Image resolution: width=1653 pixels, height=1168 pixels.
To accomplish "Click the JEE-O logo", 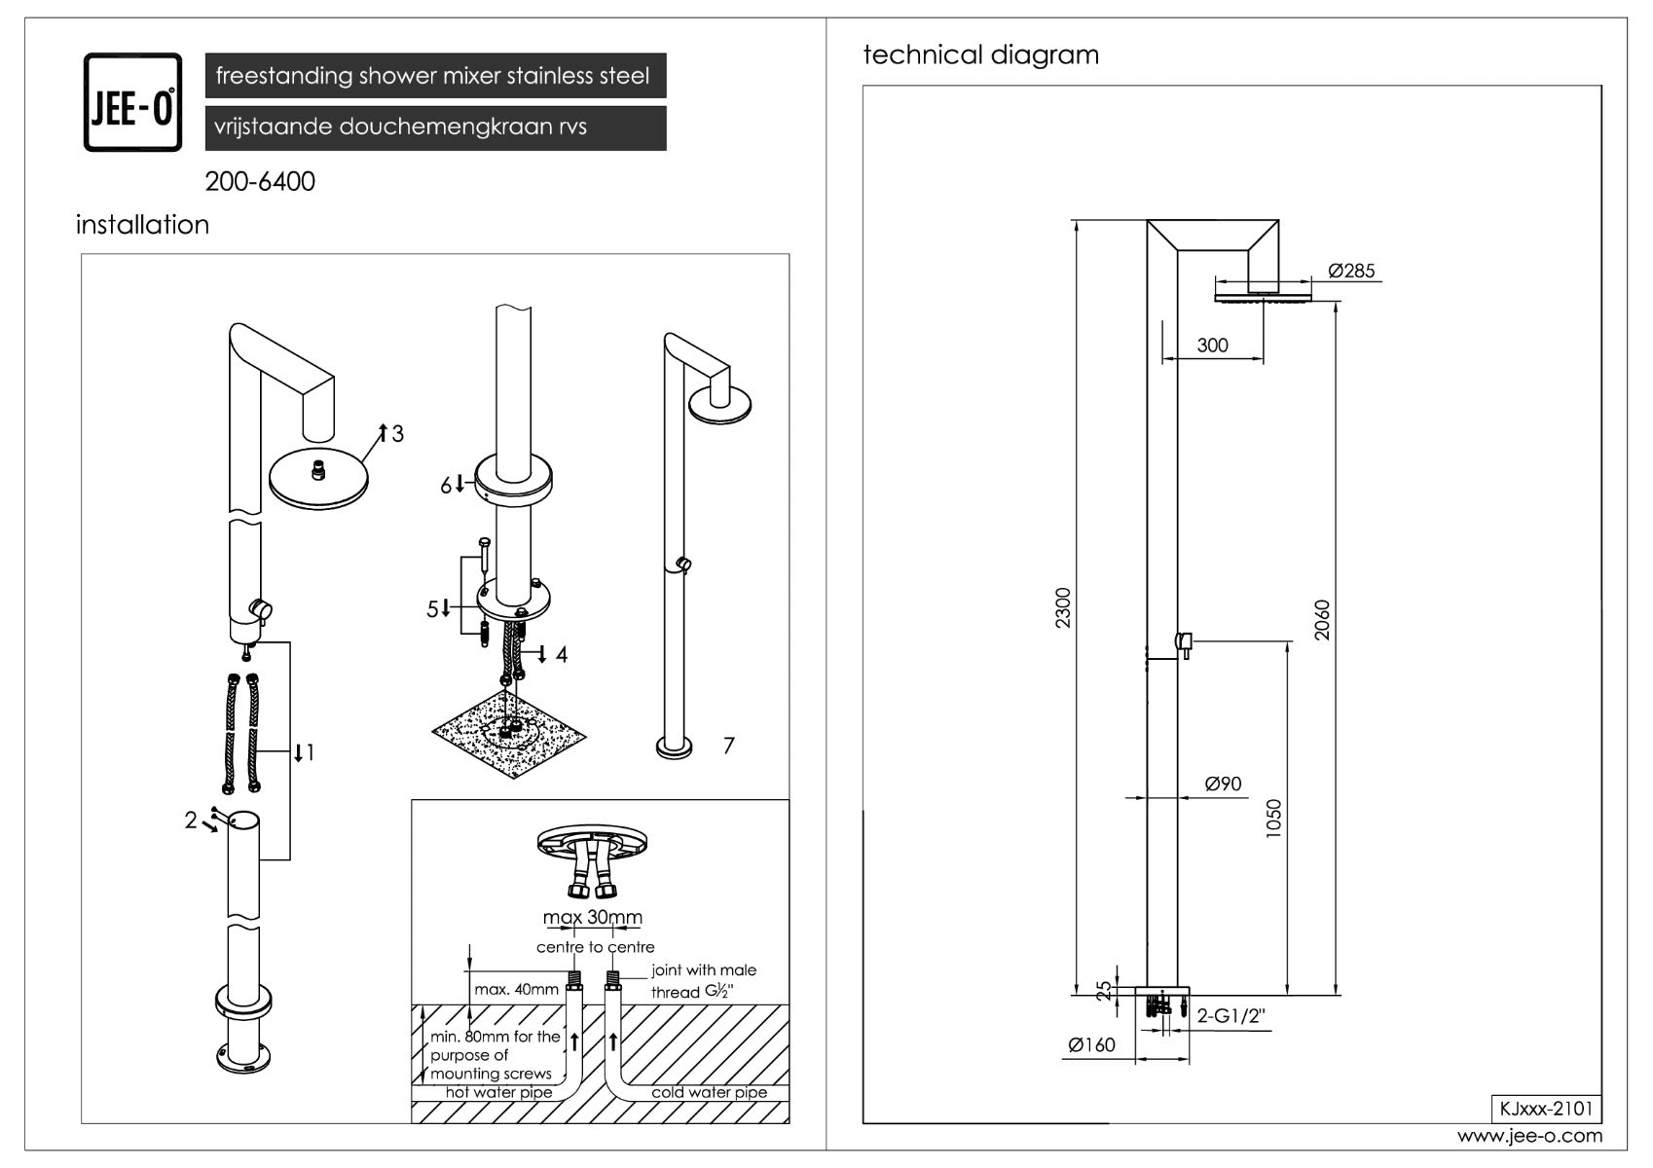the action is click(x=132, y=102).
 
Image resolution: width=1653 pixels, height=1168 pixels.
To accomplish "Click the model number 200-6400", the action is click(x=260, y=181).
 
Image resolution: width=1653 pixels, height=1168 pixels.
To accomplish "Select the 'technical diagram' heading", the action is click(x=980, y=55).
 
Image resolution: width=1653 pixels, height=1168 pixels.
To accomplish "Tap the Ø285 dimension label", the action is click(x=1351, y=271).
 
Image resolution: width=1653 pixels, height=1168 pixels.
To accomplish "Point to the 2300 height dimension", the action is click(x=1063, y=607).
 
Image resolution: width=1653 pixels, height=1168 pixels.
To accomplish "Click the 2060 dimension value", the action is click(x=1322, y=620).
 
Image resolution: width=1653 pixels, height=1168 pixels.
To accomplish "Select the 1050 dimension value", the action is click(x=1273, y=819).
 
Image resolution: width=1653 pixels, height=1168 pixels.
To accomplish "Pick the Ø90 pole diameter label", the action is click(x=1223, y=784).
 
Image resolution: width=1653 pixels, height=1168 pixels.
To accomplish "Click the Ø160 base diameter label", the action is click(x=1091, y=1044).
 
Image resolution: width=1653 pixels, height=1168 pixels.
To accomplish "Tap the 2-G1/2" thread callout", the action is click(x=1231, y=1016).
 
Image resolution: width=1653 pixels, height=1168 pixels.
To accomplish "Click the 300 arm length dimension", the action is click(x=1212, y=346).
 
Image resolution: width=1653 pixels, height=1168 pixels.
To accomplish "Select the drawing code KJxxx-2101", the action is click(x=1546, y=1109).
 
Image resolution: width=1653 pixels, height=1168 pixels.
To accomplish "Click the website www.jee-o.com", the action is click(x=1529, y=1136).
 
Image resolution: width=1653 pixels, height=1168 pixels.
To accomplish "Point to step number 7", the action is click(x=728, y=746).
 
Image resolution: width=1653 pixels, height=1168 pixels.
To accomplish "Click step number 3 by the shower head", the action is click(x=398, y=434).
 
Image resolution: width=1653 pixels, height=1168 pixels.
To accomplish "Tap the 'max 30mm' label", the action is click(x=593, y=917).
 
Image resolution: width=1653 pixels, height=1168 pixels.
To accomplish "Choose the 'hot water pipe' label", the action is click(x=498, y=1092).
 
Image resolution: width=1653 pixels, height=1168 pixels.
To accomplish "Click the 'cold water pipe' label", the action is click(x=709, y=1092).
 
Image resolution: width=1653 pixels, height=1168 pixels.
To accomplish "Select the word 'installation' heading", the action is click(x=142, y=225).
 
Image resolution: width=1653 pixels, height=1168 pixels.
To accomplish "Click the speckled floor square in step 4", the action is click(x=509, y=734).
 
